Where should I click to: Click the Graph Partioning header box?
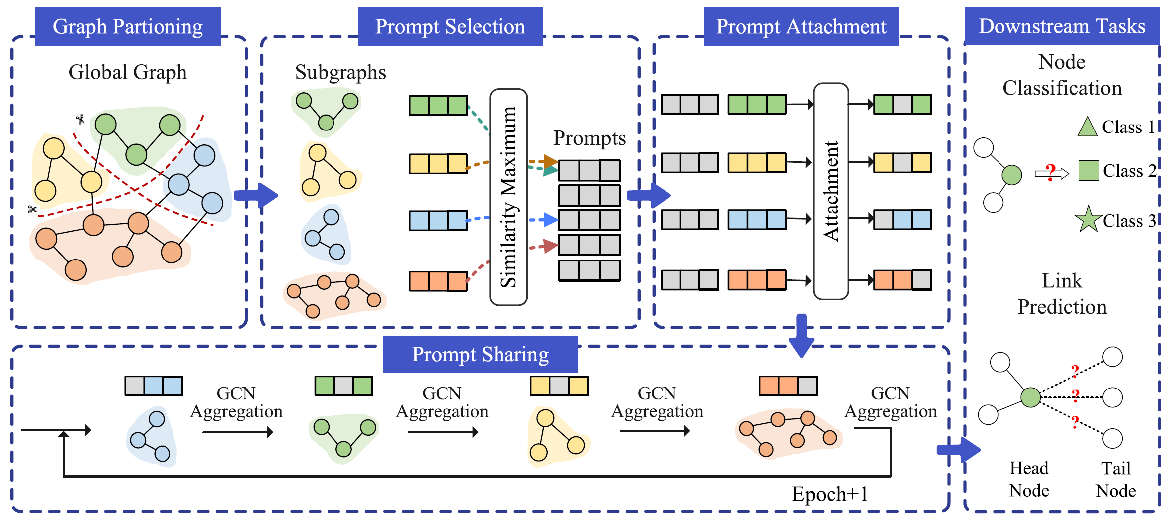click(x=128, y=27)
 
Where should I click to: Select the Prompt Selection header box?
click(x=450, y=27)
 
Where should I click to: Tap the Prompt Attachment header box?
click(x=801, y=27)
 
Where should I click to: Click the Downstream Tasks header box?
click(x=1061, y=26)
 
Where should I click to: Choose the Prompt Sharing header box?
click(x=480, y=354)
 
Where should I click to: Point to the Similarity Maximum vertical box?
click(x=508, y=197)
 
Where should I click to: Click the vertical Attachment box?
click(x=831, y=191)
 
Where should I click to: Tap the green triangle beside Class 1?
click(x=1087, y=127)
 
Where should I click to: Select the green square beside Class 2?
click(x=1089, y=171)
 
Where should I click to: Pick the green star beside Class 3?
click(x=1088, y=219)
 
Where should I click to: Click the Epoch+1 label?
click(x=830, y=494)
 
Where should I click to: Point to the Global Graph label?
click(x=128, y=72)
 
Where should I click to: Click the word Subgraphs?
click(x=340, y=72)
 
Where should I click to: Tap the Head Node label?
click(x=1029, y=479)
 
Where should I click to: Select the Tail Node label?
click(x=1116, y=479)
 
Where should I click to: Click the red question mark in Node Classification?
click(x=1051, y=172)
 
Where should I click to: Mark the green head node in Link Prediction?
click(x=1030, y=397)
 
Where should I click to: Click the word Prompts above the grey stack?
click(x=589, y=138)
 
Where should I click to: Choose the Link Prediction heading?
click(x=1062, y=294)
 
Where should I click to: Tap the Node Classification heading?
click(x=1062, y=75)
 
